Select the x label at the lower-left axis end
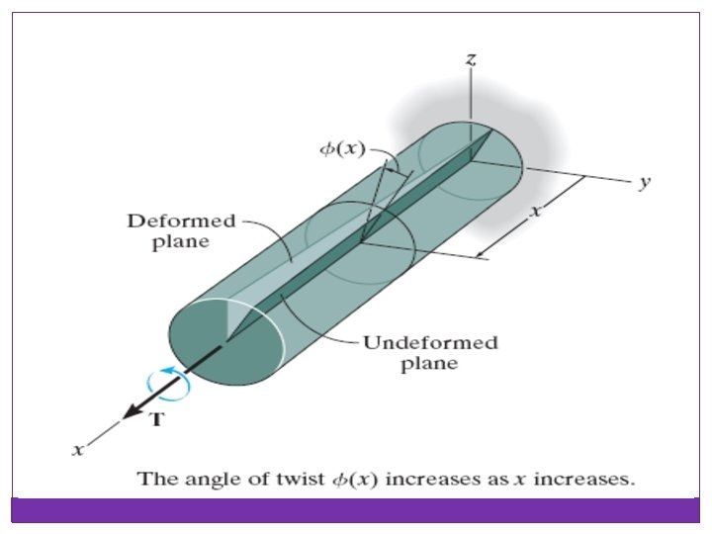tap(76, 450)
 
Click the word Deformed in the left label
tap(167, 222)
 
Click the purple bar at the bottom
tap(356, 509)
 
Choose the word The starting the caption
tap(155, 480)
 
